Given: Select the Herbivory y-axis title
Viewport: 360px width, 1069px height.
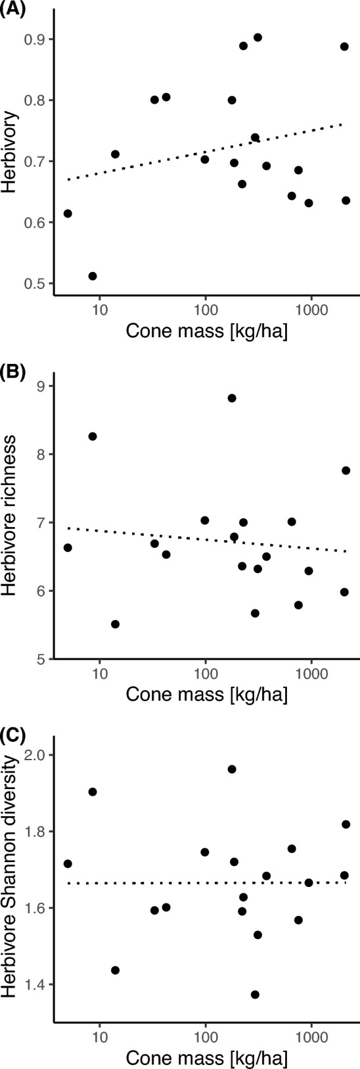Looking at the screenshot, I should tap(9, 162).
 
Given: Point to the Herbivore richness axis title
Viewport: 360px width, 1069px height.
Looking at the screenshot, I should tap(9, 522).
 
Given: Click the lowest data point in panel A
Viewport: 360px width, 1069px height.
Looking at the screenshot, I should tap(93, 276).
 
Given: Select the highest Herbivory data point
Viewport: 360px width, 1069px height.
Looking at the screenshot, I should tap(258, 37).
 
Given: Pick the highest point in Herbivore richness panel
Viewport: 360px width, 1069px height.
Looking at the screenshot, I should tap(232, 398).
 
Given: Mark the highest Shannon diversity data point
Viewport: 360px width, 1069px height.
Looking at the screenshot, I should tap(232, 769).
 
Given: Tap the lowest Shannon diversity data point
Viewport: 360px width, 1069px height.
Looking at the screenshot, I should tap(255, 995).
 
